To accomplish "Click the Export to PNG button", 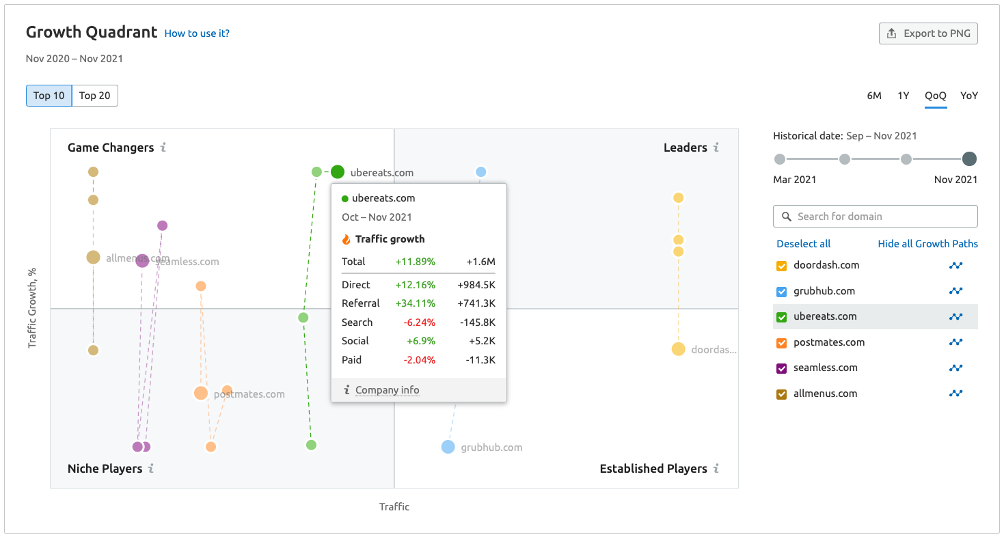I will [928, 33].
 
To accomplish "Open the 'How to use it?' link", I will [197, 33].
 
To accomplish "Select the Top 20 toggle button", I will [94, 96].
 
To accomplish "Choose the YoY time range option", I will [968, 96].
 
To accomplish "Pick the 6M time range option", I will [874, 96].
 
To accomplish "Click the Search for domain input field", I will [882, 217].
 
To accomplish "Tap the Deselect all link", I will [804, 244].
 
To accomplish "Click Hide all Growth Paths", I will [927, 244].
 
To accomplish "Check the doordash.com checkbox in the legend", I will [782, 266].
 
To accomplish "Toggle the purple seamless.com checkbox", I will [782, 368].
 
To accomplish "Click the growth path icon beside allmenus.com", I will [955, 394].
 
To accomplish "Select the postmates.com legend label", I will [828, 342].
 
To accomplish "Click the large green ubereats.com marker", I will [338, 172].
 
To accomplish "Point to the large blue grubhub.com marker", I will [448, 447].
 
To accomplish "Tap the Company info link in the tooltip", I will [387, 390].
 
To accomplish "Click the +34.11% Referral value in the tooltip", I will [415, 303].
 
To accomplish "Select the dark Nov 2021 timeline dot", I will [969, 159].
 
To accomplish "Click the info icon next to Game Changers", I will [163, 148].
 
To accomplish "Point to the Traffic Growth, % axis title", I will [32, 308].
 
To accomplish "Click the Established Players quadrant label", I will [653, 469].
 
